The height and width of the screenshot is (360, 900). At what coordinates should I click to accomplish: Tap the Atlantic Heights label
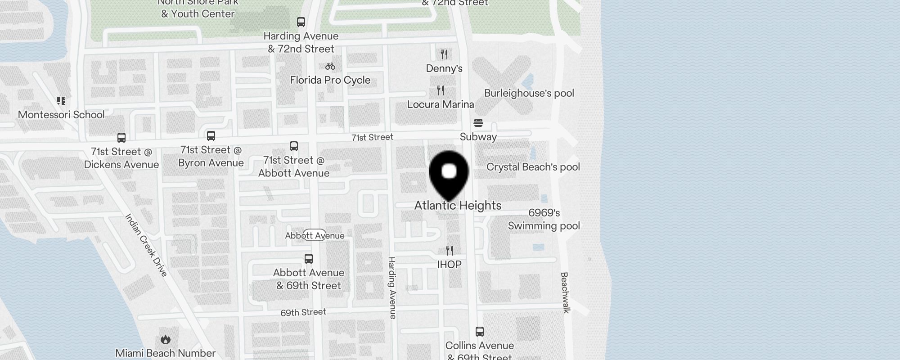point(458,206)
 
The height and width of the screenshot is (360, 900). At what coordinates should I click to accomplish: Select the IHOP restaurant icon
point(450,250)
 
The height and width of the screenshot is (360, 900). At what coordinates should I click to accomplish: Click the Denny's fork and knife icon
point(444,54)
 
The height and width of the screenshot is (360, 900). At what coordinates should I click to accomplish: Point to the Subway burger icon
point(478,123)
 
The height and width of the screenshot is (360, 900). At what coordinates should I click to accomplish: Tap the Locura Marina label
point(441,104)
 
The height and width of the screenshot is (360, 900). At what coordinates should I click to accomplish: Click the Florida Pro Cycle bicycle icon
point(330,66)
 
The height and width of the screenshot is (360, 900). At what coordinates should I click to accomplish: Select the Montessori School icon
point(61,101)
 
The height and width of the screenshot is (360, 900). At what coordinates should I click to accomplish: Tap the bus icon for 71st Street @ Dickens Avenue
point(121,138)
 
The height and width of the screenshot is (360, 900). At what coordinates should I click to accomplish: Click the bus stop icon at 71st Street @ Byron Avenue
point(211,136)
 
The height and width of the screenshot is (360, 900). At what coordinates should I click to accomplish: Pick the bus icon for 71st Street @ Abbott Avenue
point(294,146)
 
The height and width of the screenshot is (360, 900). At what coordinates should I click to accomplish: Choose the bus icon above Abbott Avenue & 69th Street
point(309,259)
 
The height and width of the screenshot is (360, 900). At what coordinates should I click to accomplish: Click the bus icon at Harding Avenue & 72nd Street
point(301,22)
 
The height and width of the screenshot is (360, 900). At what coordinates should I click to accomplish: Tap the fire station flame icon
point(166,339)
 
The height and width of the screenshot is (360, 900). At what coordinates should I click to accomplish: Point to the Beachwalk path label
point(565,292)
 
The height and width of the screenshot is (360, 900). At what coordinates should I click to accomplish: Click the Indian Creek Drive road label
point(146,245)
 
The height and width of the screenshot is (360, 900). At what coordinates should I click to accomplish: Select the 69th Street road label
point(303,312)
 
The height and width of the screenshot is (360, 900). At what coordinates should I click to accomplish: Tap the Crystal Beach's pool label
point(533,167)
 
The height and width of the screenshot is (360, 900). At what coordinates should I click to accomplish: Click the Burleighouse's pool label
point(529,93)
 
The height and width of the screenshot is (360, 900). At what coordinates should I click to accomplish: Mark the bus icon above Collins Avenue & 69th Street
point(480,332)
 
